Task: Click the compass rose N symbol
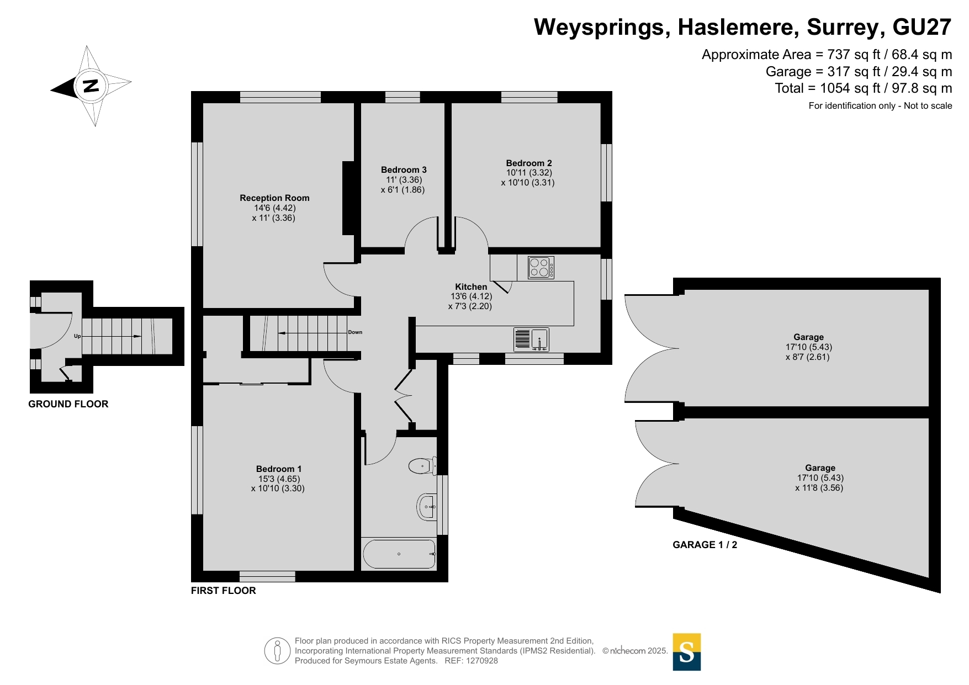click(91, 86)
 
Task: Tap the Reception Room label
click(274, 198)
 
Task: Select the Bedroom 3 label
click(404, 170)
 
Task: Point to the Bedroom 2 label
click(529, 163)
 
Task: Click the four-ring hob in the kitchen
click(541, 268)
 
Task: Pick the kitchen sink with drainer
click(531, 339)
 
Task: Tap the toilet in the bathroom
click(423, 466)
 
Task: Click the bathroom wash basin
click(427, 507)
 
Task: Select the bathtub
click(399, 554)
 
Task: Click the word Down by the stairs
click(355, 332)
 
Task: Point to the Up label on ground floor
click(77, 336)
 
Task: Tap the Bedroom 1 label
click(279, 469)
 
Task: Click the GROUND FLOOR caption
click(68, 404)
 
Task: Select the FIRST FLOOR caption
click(224, 591)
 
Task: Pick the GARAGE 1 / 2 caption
click(705, 545)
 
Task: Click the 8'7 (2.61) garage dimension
click(808, 357)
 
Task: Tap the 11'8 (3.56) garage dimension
click(819, 488)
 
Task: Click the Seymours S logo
click(687, 652)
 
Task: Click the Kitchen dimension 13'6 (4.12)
click(471, 296)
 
